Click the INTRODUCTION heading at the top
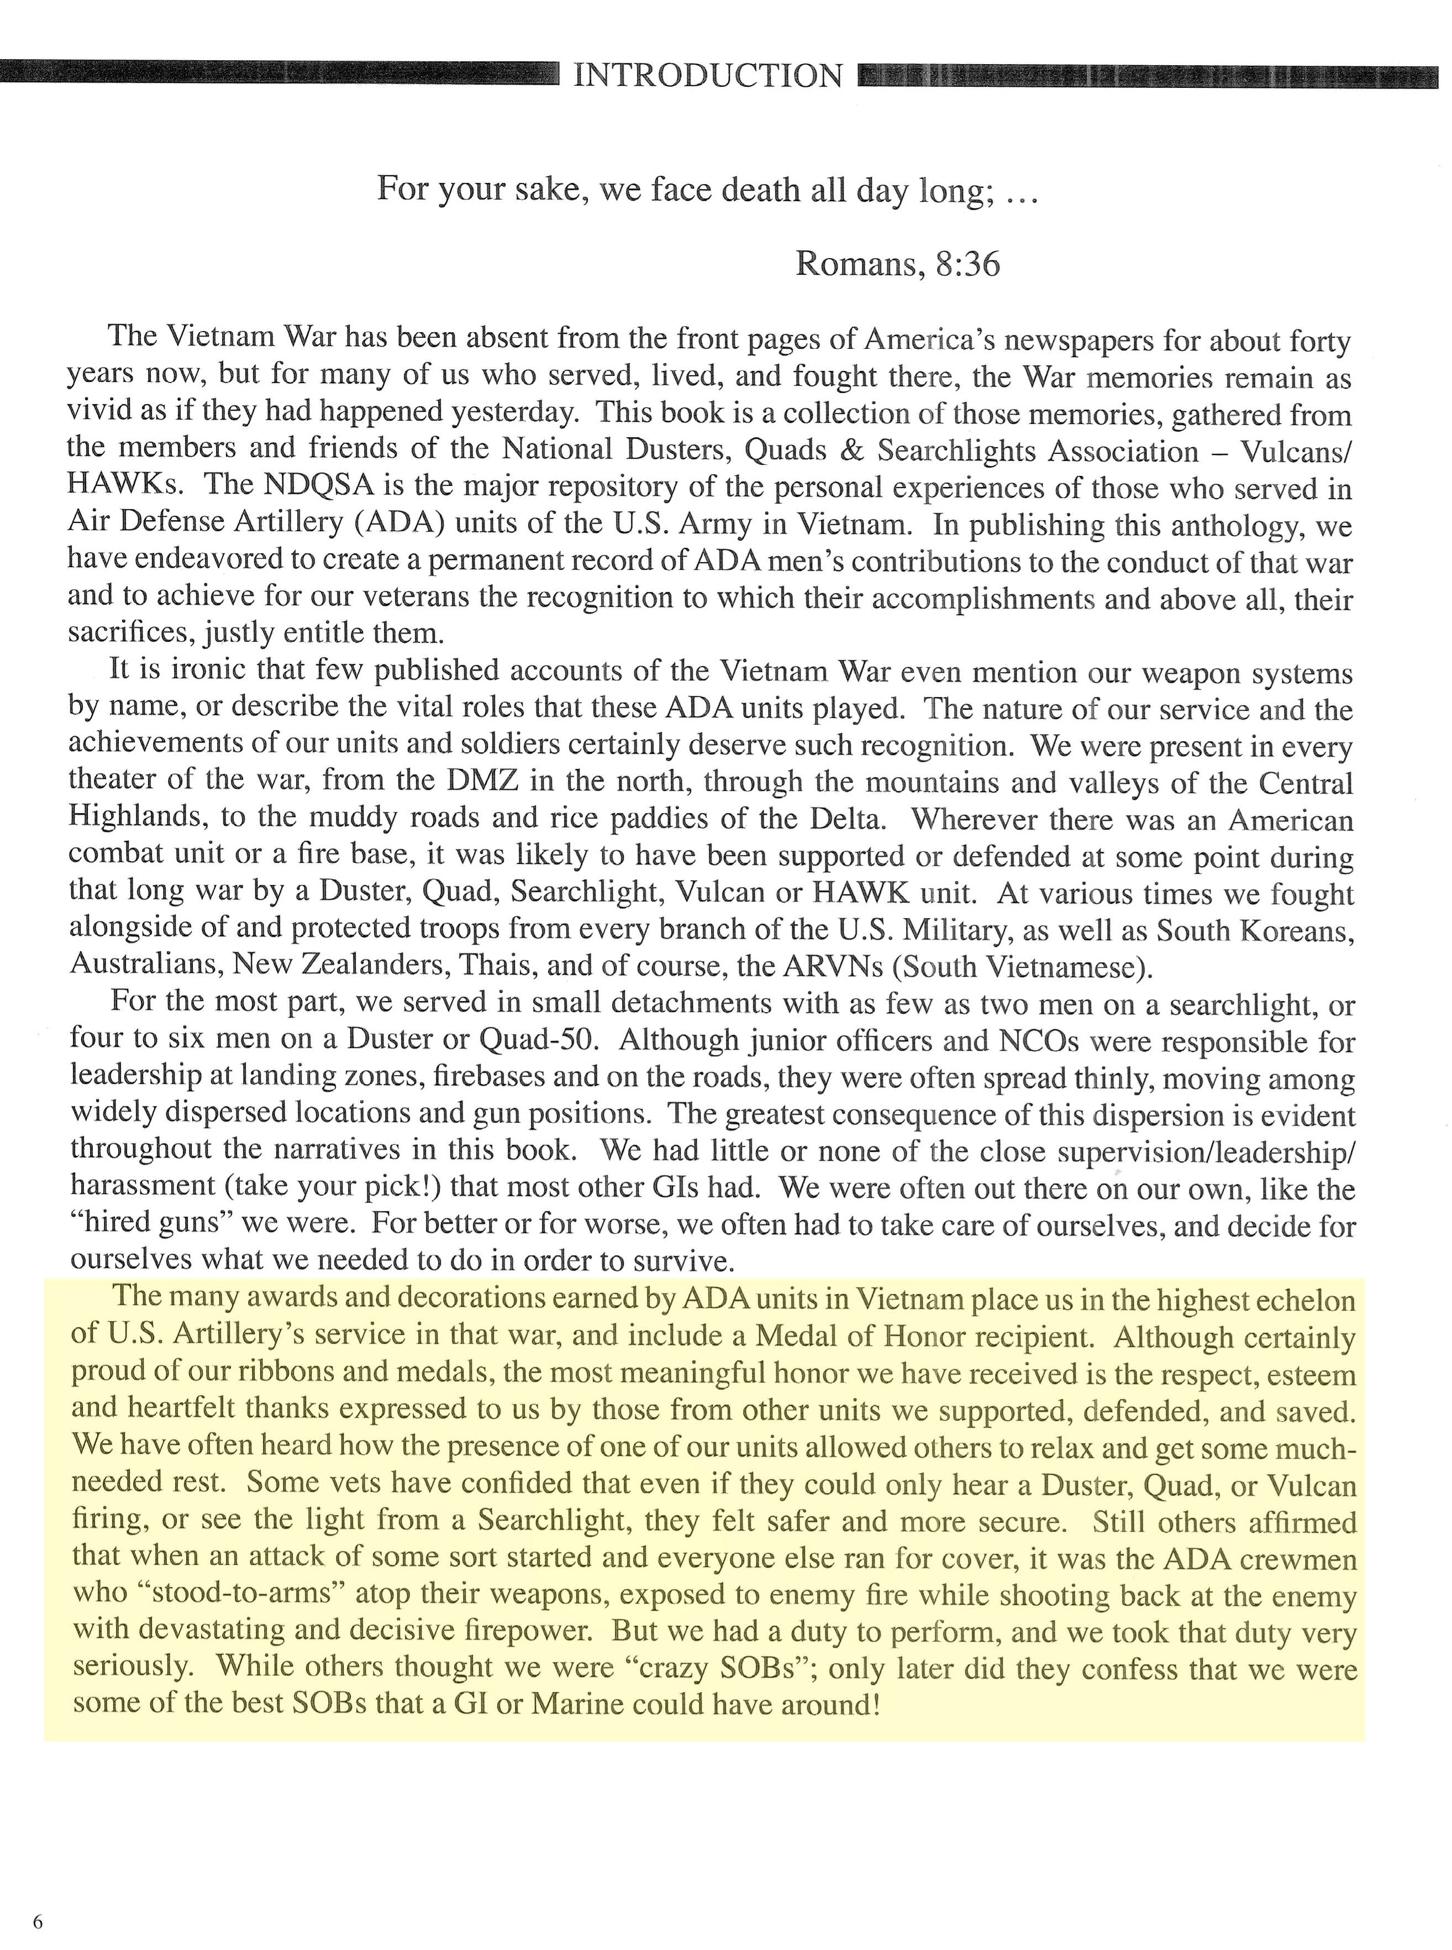708,76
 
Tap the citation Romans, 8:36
897,264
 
